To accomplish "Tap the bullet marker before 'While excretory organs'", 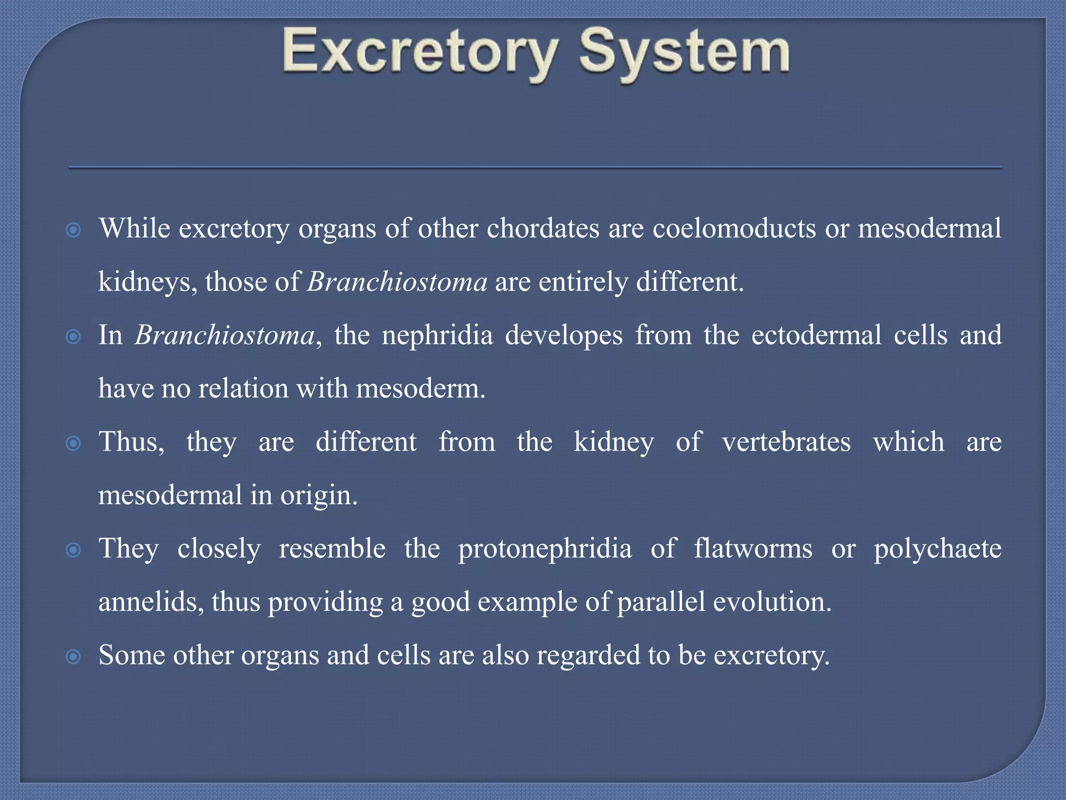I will click(74, 230).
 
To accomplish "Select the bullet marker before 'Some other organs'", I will click(74, 656).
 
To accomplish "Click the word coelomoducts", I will click(734, 228).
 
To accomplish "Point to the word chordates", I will click(543, 228).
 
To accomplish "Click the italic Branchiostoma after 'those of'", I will click(397, 282).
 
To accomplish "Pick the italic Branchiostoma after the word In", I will click(225, 335).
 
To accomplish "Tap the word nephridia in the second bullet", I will click(437, 335).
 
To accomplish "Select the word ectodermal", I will click(816, 335).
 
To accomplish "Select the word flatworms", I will click(753, 548).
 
